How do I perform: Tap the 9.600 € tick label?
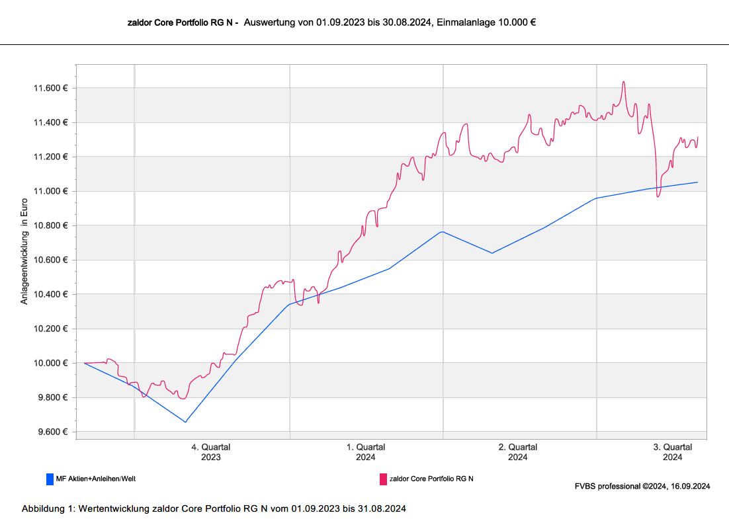tap(52, 432)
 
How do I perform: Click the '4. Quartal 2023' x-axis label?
tap(211, 452)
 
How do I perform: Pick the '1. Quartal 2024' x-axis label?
tap(366, 452)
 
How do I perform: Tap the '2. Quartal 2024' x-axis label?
tap(518, 452)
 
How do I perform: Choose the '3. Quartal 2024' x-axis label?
tap(673, 452)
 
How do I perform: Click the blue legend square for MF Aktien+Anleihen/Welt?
tap(50, 479)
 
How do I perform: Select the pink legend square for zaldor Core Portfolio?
tap(383, 479)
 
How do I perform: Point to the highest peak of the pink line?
tap(623, 82)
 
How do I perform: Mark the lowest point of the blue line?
tap(185, 421)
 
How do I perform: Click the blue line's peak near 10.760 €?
tap(442, 231)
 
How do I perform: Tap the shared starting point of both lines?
tap(85, 363)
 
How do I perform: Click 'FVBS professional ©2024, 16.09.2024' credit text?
tap(642, 487)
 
